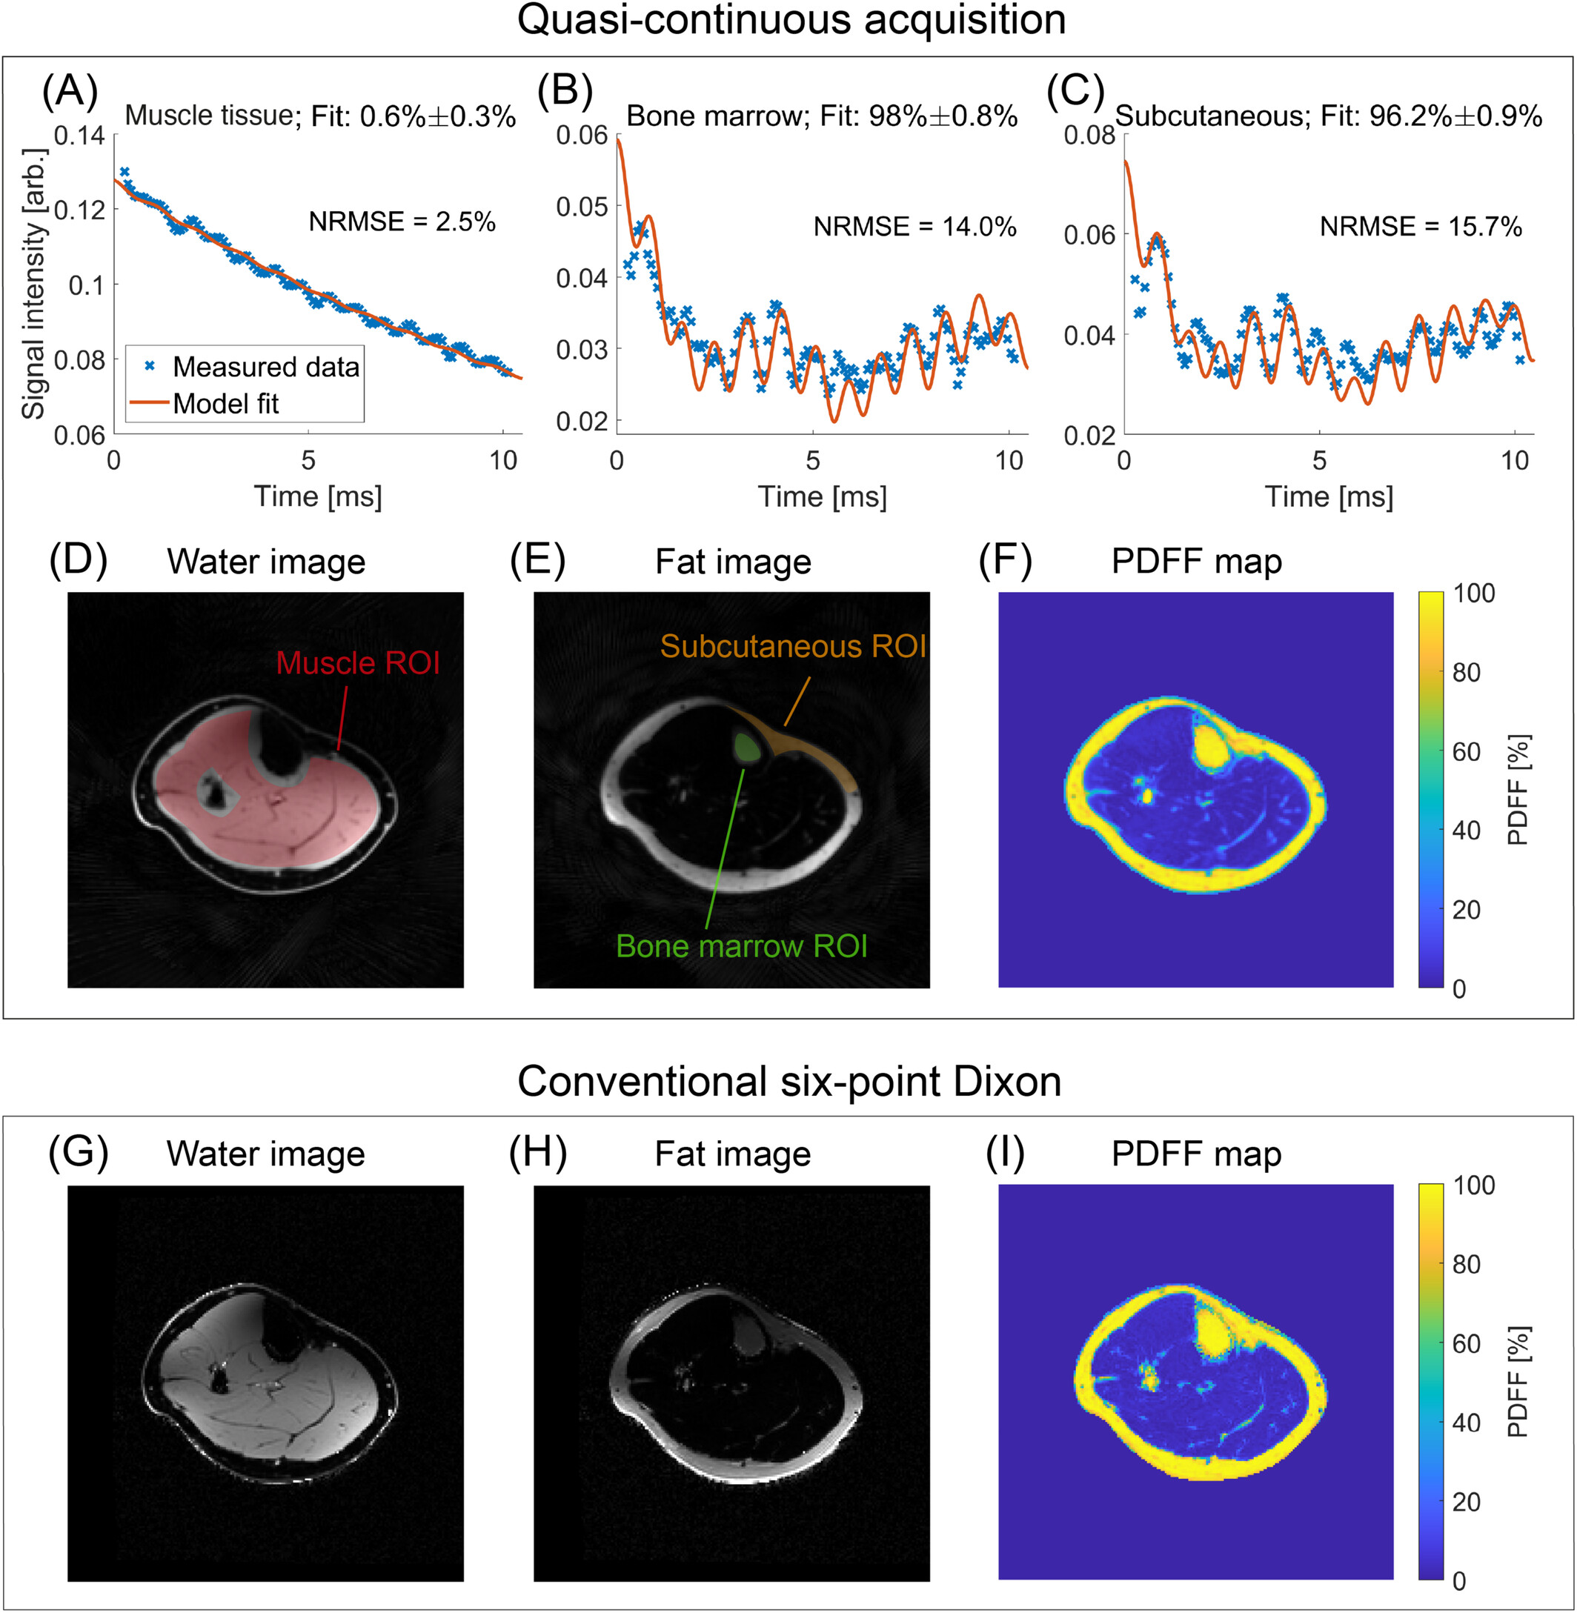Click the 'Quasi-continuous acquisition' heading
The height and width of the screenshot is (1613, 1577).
pos(791,20)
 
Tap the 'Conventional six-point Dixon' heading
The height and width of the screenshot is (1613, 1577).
pos(789,1082)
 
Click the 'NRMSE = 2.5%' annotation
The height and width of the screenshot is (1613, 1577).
pos(402,222)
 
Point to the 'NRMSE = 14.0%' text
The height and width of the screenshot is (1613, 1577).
pos(914,227)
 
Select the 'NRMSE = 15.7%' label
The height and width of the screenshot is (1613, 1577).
pos(1421,227)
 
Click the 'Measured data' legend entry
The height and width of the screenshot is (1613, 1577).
pos(265,367)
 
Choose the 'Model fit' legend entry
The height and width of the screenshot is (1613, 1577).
pos(225,404)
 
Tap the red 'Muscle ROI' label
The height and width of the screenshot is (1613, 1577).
pos(358,663)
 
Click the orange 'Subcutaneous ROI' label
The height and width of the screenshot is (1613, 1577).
pos(793,647)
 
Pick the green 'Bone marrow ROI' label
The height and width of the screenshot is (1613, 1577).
pos(741,946)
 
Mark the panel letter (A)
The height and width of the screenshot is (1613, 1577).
pos(70,90)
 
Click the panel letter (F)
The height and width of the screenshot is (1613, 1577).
pos(1006,561)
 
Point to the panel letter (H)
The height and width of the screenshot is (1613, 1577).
pos(538,1153)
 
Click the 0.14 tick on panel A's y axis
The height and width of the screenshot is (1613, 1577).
pos(79,135)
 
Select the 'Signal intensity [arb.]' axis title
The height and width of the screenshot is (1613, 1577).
pos(33,284)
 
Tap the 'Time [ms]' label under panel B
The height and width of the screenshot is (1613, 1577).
pos(822,497)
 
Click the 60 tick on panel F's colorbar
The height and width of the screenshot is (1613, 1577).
pos(1466,752)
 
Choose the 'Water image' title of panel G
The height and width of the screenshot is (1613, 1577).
pos(266,1154)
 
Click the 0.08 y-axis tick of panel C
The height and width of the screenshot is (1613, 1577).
pos(1089,135)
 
